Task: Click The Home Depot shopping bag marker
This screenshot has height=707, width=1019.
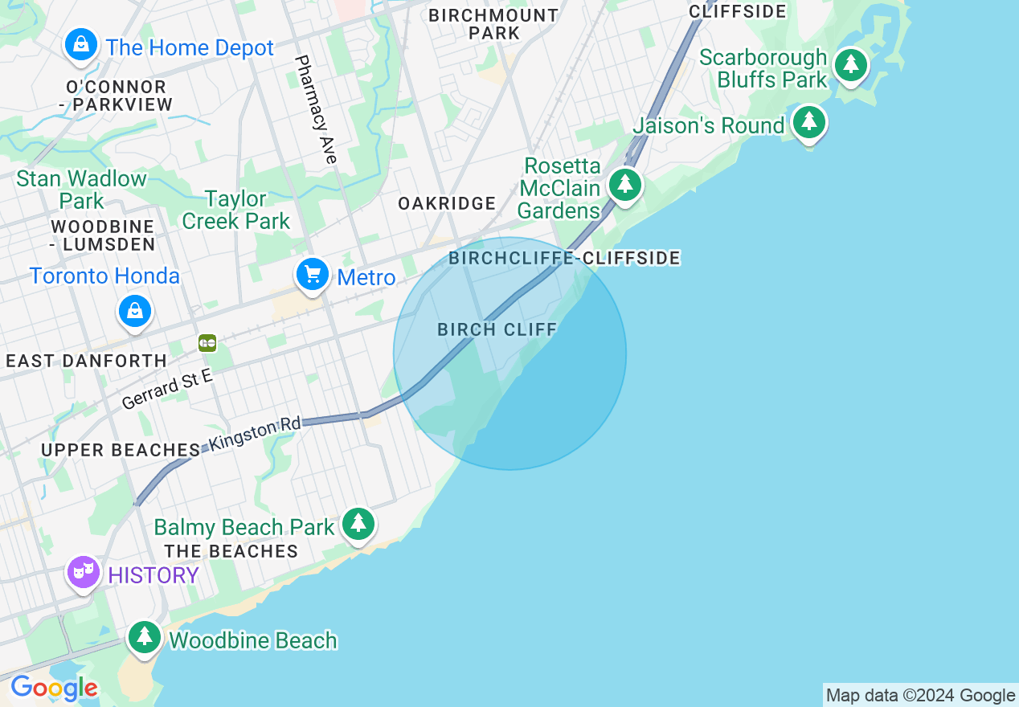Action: pos(81,45)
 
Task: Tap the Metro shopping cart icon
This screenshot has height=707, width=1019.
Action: pos(313,276)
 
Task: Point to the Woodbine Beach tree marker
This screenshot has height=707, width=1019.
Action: pos(145,637)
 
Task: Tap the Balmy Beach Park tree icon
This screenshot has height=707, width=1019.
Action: pos(358,524)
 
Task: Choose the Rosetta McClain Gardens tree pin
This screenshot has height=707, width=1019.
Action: pos(624,185)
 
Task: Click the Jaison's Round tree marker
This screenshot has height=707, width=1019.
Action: pos(809,122)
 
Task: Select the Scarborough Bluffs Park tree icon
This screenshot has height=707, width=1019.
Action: pos(850,64)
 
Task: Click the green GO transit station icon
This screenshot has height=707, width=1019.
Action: pos(207,343)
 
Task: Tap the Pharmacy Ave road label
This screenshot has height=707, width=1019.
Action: pos(315,109)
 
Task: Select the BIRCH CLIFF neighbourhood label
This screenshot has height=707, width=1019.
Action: pos(497,329)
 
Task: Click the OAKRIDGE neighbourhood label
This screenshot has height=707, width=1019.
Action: pos(447,203)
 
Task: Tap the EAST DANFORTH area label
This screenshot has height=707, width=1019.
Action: pos(87,361)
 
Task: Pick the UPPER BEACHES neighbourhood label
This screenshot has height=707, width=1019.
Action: pos(121,450)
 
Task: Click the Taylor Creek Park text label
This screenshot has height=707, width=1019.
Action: pos(235,209)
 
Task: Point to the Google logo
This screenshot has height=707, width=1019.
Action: pos(54,688)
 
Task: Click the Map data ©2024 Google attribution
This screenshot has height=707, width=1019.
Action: pos(920,696)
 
